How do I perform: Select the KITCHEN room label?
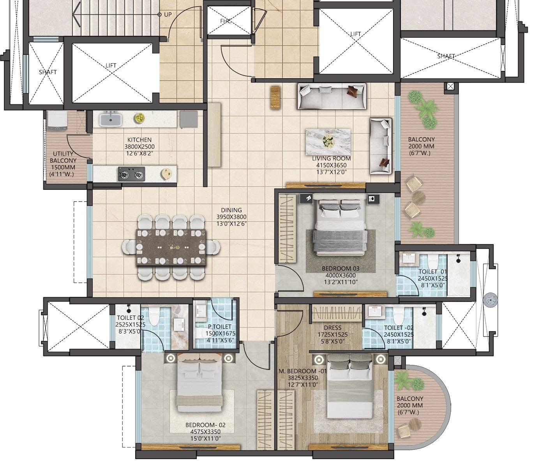pos(139,140)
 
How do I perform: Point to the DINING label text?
pos(231,210)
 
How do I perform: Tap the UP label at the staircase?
pos(168,14)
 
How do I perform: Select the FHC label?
pos(226,21)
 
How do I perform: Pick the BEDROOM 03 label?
pos(340,268)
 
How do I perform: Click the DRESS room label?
pos(332,328)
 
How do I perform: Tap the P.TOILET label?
pos(219,327)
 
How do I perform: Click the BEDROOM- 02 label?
pos(205,425)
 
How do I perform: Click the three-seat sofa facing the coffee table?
pos(332,96)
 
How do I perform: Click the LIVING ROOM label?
pos(331,158)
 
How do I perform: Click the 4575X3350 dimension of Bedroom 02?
pos(206,431)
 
